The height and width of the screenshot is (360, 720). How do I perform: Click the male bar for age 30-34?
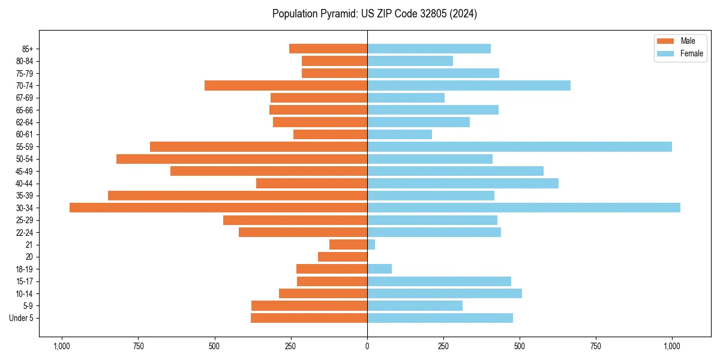click(218, 208)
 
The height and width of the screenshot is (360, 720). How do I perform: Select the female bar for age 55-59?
click(520, 146)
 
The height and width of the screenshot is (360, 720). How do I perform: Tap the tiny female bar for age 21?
click(371, 244)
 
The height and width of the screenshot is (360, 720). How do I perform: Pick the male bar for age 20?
click(343, 257)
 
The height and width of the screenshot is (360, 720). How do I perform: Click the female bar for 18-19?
click(380, 269)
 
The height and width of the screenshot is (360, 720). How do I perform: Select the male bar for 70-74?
click(286, 85)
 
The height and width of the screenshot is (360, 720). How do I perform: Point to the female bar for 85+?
click(429, 49)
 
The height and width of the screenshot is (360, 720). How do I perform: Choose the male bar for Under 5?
click(309, 318)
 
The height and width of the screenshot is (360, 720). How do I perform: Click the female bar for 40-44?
click(463, 183)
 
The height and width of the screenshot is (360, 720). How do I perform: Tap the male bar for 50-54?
click(242, 159)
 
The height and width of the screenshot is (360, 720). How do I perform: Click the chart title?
click(374, 14)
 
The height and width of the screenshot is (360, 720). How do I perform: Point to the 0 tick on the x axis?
click(367, 347)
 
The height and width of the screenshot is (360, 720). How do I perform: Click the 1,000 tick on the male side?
click(62, 347)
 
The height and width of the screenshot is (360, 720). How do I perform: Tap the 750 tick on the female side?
click(596, 347)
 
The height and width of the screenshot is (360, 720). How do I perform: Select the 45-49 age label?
click(24, 171)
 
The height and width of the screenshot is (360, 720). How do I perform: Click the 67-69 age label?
click(24, 98)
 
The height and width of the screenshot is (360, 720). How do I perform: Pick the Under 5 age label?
click(22, 318)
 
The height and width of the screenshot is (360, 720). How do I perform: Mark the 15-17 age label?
click(24, 281)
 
